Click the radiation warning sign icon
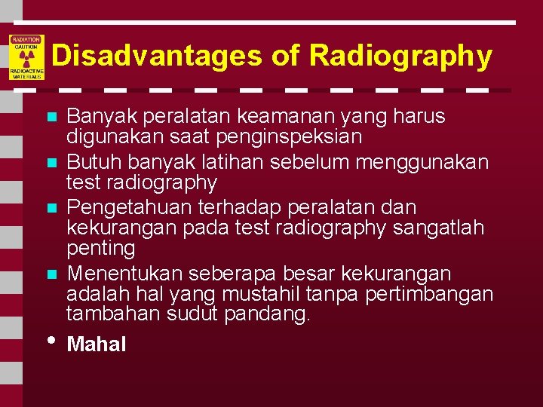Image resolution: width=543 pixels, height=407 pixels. tap(27, 57)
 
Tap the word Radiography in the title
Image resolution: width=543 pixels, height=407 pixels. tap(400, 56)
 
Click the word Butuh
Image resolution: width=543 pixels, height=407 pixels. tap(89, 162)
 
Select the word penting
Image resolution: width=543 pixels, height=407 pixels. tap(101, 248)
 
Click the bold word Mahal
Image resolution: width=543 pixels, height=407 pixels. tap(97, 344)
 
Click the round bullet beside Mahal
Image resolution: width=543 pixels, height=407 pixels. tap(51, 340)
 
